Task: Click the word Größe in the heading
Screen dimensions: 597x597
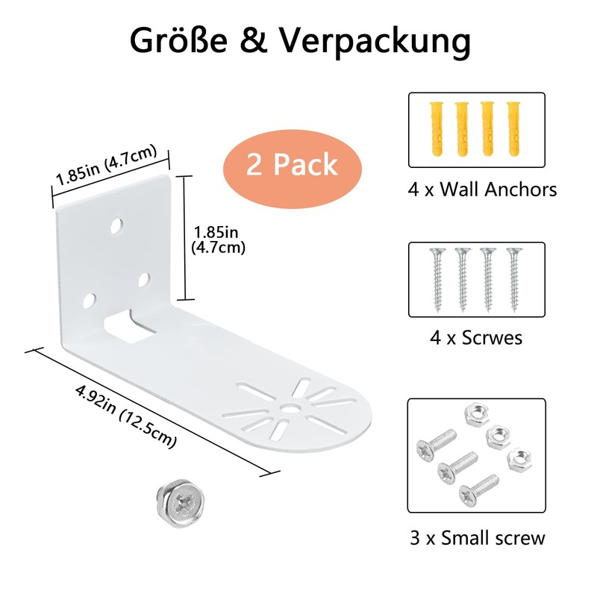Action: pyautogui.click(x=178, y=40)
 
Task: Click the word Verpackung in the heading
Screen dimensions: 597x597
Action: pyautogui.click(x=375, y=43)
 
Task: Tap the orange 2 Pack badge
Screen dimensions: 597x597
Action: pyautogui.click(x=292, y=169)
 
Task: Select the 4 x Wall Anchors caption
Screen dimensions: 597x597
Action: pyautogui.click(x=482, y=190)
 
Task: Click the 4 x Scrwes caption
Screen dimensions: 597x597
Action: pyautogui.click(x=476, y=337)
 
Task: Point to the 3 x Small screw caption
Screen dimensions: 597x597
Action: pyautogui.click(x=478, y=538)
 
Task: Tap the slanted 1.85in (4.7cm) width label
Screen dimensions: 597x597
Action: pyautogui.click(x=106, y=164)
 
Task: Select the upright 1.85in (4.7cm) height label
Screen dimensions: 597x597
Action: pyautogui.click(x=218, y=240)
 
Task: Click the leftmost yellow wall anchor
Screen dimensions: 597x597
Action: pyautogui.click(x=437, y=128)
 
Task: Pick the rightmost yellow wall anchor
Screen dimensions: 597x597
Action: pyautogui.click(x=514, y=128)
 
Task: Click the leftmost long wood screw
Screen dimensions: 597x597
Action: pyautogui.click(x=437, y=279)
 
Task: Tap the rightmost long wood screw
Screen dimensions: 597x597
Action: pyautogui.click(x=514, y=279)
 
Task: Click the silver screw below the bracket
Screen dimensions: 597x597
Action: pyautogui.click(x=181, y=502)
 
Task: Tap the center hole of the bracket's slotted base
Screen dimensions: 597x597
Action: pyautogui.click(x=291, y=407)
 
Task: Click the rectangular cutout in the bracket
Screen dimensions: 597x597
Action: pyautogui.click(x=129, y=325)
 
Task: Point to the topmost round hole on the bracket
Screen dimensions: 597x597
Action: pyautogui.click(x=116, y=226)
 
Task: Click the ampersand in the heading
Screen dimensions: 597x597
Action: pyautogui.click(x=254, y=40)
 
